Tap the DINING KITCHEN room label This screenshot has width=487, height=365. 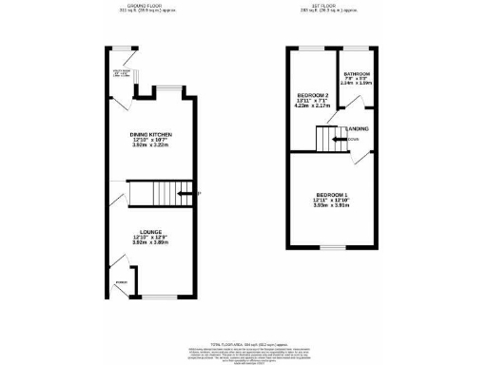[150, 135]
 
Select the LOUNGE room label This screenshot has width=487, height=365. [149, 231]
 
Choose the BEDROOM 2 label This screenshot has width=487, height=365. [314, 94]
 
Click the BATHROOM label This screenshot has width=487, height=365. [358, 73]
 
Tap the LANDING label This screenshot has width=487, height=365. [359, 129]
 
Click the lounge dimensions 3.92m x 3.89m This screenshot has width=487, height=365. [149, 243]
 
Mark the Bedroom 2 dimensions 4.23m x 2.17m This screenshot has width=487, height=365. [314, 106]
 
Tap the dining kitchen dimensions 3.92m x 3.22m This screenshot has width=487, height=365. [150, 147]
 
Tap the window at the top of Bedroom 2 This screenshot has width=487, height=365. [311, 47]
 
